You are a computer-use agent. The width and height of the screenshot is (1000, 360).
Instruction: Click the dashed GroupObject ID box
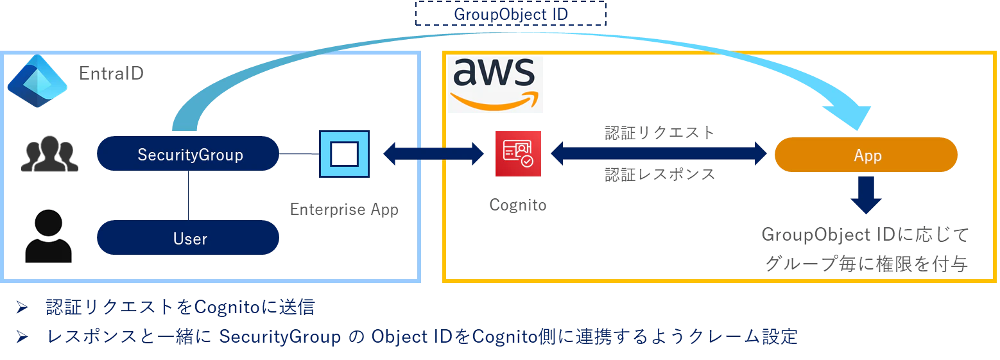tap(511, 14)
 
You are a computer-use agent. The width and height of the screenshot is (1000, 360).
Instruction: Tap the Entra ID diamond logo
tap(37, 81)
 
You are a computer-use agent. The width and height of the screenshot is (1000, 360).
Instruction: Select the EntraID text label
tap(111, 74)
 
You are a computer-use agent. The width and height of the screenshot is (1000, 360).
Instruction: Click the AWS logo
tap(495, 84)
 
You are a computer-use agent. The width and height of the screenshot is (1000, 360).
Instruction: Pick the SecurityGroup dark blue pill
tap(188, 154)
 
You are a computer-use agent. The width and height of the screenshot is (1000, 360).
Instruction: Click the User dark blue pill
tap(188, 238)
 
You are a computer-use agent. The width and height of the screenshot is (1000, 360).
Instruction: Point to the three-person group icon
tap(49, 154)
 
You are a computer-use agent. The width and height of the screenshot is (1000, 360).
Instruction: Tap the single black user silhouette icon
tap(48, 236)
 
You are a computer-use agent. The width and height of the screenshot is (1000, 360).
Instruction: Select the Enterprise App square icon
tap(344, 154)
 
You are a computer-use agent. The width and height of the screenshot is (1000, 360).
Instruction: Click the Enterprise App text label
tap(344, 209)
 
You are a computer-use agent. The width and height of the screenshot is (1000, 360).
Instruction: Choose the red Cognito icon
tap(519, 153)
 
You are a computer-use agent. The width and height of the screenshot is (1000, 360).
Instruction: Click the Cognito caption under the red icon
tap(518, 205)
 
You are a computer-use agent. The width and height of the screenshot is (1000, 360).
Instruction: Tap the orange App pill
tap(866, 155)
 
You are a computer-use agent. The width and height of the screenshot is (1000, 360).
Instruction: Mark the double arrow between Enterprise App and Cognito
tap(433, 154)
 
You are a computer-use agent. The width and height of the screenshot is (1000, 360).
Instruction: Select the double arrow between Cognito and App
tap(659, 154)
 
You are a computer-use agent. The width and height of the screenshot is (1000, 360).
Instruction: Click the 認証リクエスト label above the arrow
tap(660, 133)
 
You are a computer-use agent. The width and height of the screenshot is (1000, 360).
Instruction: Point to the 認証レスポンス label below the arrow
tap(660, 175)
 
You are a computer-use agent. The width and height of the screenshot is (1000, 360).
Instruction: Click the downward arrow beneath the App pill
tap(866, 195)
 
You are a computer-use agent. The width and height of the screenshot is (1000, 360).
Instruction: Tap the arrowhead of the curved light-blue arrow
tap(850, 117)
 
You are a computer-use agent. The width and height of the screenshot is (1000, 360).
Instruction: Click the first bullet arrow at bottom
tap(22, 307)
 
